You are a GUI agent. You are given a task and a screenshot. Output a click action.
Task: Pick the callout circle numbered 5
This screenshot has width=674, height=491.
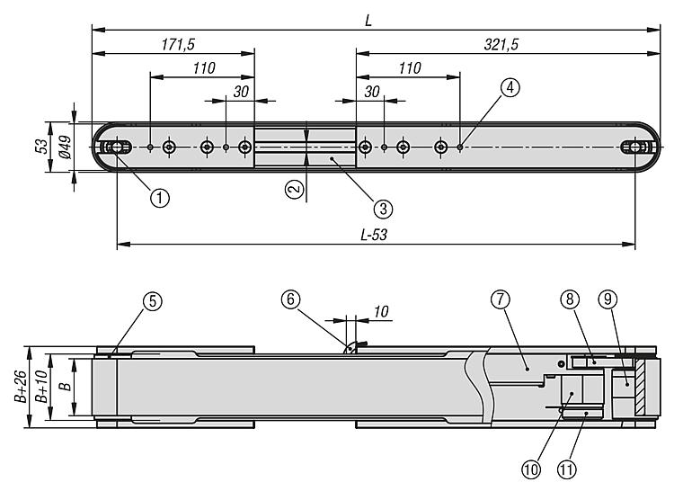tap(154, 302)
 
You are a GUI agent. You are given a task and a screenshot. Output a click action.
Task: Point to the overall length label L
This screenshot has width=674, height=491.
tap(368, 18)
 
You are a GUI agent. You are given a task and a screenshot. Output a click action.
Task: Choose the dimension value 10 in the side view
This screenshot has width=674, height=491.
tap(381, 311)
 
